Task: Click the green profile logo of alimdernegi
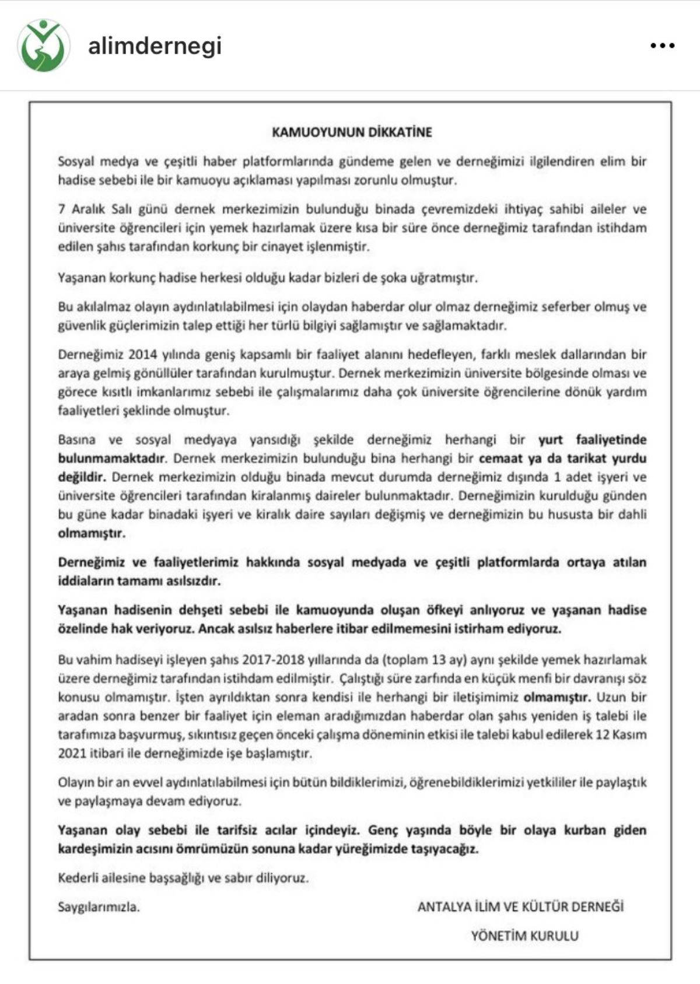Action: (43, 45)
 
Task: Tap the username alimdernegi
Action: (155, 45)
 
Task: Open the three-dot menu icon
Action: (662, 45)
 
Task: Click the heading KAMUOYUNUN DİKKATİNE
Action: (352, 132)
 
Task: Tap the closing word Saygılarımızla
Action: (99, 906)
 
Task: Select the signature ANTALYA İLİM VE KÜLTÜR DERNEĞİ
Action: (520, 906)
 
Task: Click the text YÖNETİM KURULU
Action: (524, 936)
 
